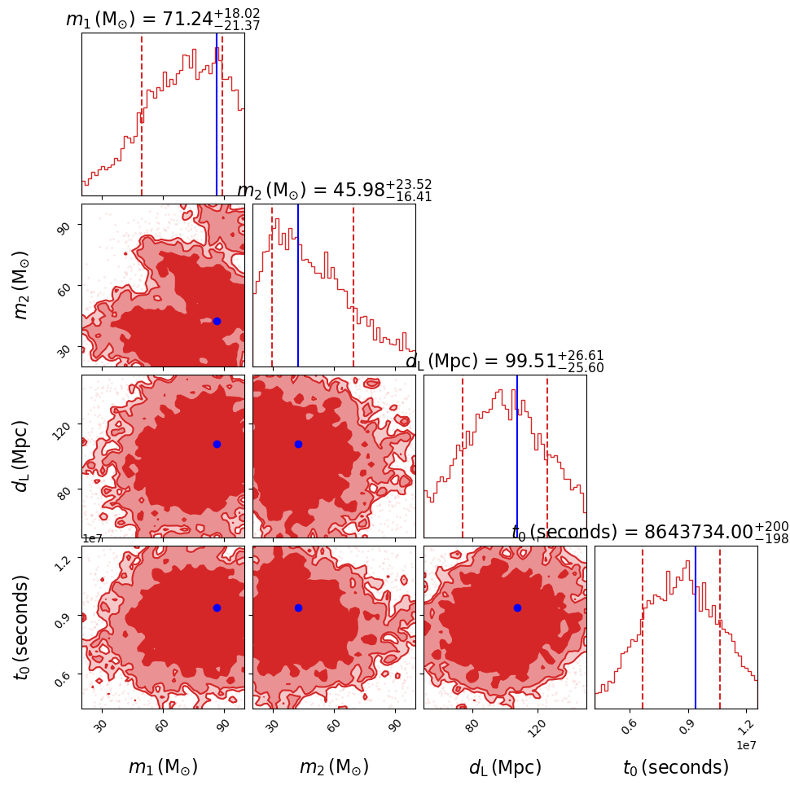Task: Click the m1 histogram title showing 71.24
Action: pos(163,20)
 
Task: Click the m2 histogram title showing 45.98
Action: pos(334,191)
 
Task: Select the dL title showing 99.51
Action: pos(505,361)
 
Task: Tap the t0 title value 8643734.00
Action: pos(650,532)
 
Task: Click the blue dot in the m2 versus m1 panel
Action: pos(217,321)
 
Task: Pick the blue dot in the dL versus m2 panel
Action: pos(298,444)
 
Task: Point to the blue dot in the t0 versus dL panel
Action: pos(517,608)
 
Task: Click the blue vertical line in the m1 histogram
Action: pos(217,114)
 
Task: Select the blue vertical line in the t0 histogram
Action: pos(696,627)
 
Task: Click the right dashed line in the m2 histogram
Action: pos(353,285)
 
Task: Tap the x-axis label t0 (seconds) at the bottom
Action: pos(676,767)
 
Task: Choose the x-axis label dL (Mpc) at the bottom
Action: pos(505,767)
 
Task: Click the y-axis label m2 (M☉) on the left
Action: pos(23,285)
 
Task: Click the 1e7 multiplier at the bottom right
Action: pos(747,744)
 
